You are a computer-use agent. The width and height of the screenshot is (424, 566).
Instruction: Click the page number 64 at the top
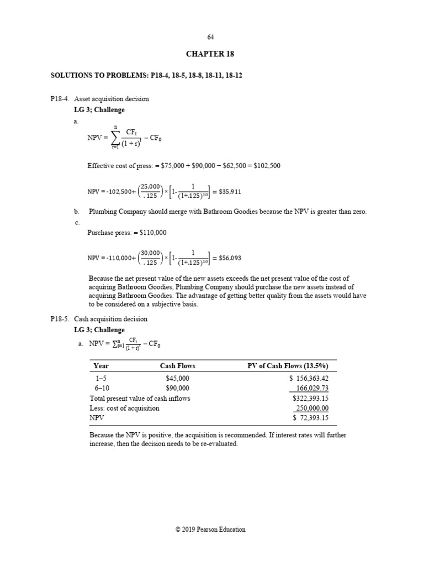(x=210, y=37)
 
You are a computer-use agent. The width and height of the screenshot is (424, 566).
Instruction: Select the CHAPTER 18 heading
(x=210, y=54)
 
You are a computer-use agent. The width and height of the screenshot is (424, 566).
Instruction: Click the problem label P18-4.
(x=60, y=99)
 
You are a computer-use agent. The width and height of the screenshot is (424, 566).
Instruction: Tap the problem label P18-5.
(x=60, y=319)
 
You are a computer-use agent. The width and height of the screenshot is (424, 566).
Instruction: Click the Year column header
(x=101, y=366)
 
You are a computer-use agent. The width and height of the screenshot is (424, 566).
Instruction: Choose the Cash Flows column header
(x=177, y=366)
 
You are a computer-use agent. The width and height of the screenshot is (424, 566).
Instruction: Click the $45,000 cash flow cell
(x=177, y=378)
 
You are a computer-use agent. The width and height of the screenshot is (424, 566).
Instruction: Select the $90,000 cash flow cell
(x=177, y=388)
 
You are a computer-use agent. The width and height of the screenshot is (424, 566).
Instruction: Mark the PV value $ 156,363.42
(x=309, y=378)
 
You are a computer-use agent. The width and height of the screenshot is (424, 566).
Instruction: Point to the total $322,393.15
(x=310, y=398)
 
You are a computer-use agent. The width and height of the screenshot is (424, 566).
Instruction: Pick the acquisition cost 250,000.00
(x=312, y=408)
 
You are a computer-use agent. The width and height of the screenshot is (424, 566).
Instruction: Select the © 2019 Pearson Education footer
(x=210, y=530)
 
